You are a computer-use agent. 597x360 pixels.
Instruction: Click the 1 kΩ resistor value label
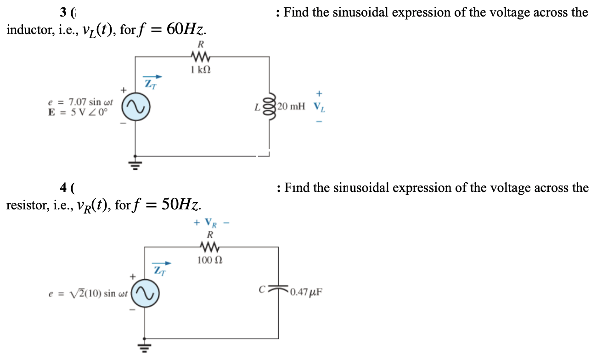(201, 70)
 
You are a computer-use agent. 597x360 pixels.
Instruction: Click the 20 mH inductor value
(291, 107)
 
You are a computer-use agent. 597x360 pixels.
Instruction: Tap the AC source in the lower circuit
(145, 292)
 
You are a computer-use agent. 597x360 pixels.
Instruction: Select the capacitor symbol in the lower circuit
(278, 290)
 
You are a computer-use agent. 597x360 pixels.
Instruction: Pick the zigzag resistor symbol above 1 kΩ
(200, 57)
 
